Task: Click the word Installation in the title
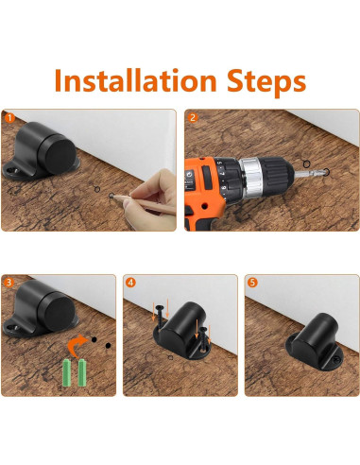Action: coord(135,80)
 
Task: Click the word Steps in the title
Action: coord(266,83)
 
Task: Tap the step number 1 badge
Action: coord(9,118)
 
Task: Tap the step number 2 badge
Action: coord(193,118)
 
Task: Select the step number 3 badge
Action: coord(9,283)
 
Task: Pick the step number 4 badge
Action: coord(130,283)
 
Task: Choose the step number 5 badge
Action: coord(252,283)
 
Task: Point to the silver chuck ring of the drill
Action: coord(251,176)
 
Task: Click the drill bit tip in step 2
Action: coord(325,172)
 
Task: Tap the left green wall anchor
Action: coord(66,373)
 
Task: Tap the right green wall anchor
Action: coord(82,372)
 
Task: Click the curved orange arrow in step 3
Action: coord(77,345)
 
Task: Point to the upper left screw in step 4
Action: coord(160,318)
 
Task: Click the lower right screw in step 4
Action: coord(204,338)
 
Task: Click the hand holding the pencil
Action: coord(151,200)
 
